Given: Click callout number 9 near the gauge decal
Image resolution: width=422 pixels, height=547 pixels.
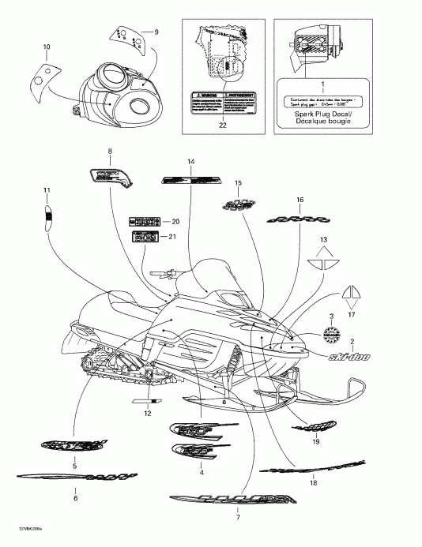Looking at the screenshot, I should (156, 32).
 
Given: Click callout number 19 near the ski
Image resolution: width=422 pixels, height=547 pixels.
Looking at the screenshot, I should (315, 444).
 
